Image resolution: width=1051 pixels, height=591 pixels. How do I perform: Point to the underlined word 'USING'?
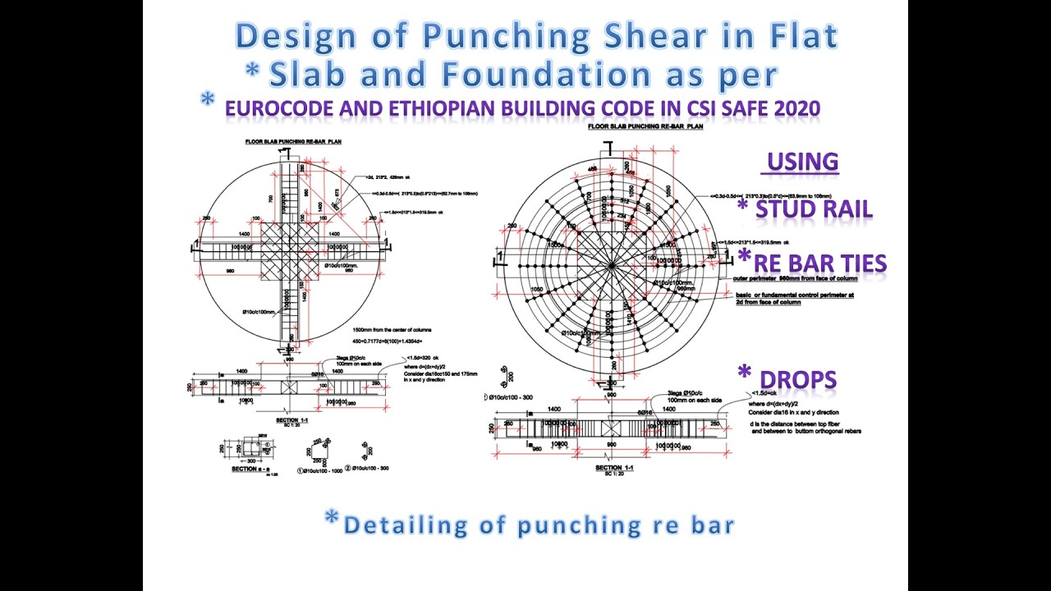(x=803, y=162)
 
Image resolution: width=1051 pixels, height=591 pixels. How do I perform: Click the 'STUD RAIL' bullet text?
(x=814, y=209)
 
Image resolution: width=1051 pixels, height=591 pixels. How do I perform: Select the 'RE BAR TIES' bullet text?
(x=820, y=263)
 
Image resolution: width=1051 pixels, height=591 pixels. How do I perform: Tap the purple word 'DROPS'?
(x=797, y=379)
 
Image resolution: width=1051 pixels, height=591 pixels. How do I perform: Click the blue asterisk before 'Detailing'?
(x=332, y=519)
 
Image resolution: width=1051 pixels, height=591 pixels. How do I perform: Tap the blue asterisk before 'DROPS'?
(x=745, y=373)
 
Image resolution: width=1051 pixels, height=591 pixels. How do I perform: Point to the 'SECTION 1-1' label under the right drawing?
(x=613, y=468)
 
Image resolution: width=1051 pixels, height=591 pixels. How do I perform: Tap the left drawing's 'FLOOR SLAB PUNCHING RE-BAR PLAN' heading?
(x=293, y=142)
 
